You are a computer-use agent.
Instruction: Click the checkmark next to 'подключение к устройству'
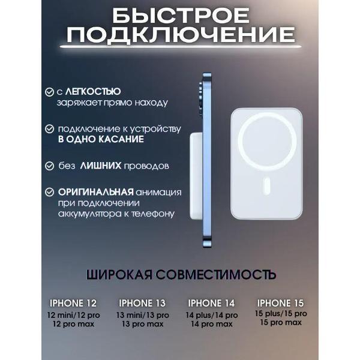[x=49, y=129]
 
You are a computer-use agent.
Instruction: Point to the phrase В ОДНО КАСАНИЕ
[x=101, y=139]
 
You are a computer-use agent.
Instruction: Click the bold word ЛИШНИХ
[x=101, y=165]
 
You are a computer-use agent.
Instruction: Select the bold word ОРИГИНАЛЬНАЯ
[x=95, y=192]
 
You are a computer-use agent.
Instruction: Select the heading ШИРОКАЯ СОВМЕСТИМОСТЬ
[x=181, y=275]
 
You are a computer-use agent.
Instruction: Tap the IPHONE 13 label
[x=142, y=303]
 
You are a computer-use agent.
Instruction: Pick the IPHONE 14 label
[x=212, y=303]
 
